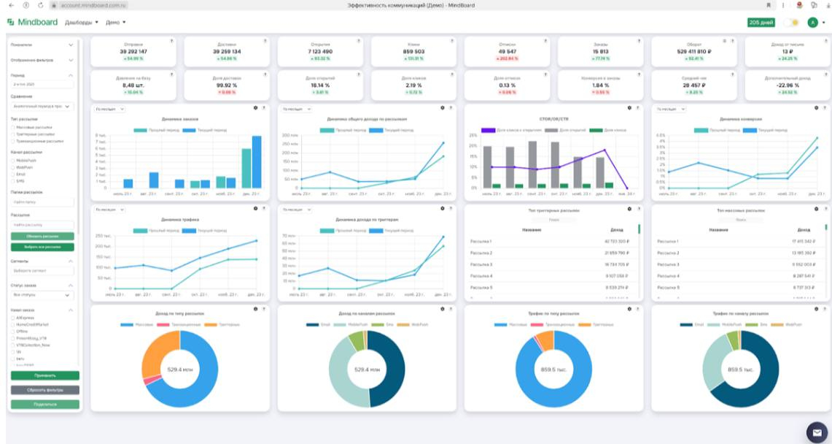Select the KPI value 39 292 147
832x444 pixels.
pos(133,52)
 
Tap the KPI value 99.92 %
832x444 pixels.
pos(226,85)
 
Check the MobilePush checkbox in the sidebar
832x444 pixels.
pos(13,160)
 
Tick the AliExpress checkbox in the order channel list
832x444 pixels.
pos(13,318)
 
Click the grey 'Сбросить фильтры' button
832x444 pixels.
pos(45,390)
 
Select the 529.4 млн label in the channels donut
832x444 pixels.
pos(367,370)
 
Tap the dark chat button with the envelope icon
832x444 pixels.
pos(814,429)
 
